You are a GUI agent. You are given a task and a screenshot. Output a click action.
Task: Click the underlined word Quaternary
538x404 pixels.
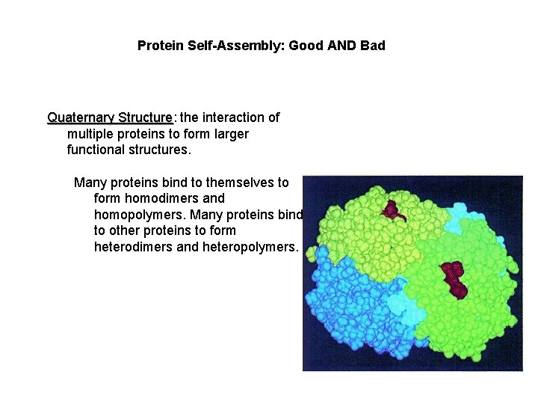(x=81, y=117)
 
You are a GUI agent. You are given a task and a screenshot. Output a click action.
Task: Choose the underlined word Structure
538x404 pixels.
(x=144, y=117)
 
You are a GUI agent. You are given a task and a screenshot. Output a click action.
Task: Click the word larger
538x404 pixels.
(x=229, y=134)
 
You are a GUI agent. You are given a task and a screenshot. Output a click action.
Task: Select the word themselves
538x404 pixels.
(x=241, y=183)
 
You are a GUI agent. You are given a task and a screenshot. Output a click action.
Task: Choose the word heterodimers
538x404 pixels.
(x=133, y=247)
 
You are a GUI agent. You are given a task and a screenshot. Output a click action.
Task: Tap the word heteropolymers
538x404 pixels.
(x=250, y=247)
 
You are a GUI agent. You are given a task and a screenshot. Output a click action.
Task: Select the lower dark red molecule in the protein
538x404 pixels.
(x=452, y=278)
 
